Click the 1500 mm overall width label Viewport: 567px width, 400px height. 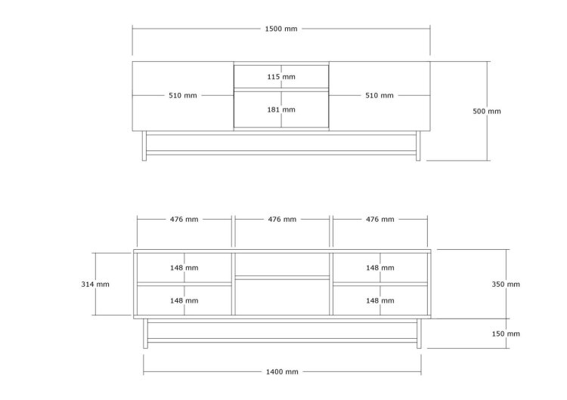281,29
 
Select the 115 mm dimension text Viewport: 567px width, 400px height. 281,77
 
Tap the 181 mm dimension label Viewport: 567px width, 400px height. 281,109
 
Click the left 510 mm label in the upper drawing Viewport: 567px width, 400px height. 183,96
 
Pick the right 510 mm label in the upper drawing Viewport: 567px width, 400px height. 380,96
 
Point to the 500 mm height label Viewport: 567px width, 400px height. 487,111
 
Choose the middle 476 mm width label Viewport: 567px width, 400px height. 282,219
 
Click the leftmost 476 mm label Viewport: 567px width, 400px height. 184,219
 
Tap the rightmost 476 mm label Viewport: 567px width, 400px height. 380,219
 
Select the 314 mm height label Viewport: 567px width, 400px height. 95,285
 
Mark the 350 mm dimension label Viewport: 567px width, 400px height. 506,285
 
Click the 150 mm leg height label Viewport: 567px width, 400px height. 506,334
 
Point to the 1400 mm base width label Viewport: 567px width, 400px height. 282,372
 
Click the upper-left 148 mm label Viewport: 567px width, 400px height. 184,268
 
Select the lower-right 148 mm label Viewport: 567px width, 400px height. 380,300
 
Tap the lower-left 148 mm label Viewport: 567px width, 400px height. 184,300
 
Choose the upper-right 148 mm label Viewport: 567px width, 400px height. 380,268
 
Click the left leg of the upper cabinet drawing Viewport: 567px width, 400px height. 144,146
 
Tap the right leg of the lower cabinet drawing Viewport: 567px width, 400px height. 419,334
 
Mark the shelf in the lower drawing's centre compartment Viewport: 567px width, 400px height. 282,278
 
